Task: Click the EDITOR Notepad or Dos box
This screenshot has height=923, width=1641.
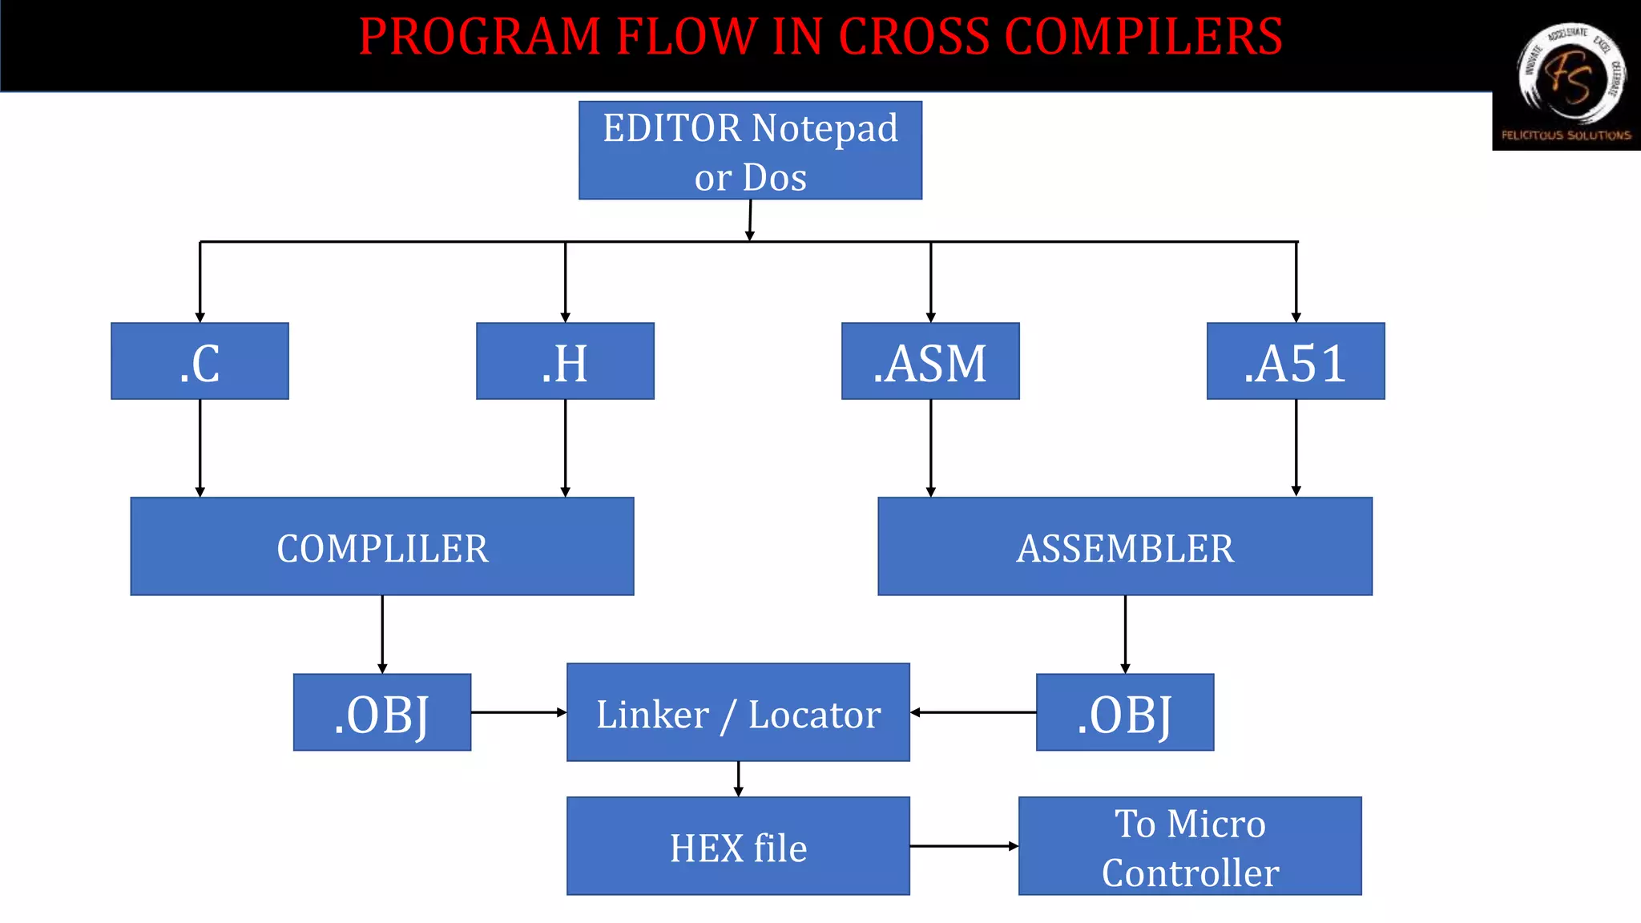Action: coord(750,151)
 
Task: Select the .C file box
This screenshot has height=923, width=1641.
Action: coord(200,361)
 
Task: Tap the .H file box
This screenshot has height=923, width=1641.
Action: coord(565,361)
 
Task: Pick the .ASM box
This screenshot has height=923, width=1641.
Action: coord(930,361)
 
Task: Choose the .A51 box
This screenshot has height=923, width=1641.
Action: coord(1296,361)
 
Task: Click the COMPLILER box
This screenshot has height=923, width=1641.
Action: coord(382,546)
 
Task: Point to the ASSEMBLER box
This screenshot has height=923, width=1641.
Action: coord(1125,546)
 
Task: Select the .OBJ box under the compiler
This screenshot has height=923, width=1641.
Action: coord(382,712)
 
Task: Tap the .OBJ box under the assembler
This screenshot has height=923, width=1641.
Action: coord(1125,712)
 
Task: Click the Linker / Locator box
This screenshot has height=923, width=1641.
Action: coord(738,712)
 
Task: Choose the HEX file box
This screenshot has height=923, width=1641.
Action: coord(738,846)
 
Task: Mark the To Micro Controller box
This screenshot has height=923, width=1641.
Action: coord(1190,846)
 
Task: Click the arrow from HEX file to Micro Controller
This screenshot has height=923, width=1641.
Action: coord(964,846)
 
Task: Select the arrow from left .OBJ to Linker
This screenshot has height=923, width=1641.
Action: coord(518,712)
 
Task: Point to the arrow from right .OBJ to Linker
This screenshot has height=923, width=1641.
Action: coord(973,712)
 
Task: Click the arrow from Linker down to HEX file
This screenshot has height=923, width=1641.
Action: coord(738,779)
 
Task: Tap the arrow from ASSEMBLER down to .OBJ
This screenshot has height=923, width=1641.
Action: coord(1125,634)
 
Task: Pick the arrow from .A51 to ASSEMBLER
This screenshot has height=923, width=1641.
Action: coord(1296,448)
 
